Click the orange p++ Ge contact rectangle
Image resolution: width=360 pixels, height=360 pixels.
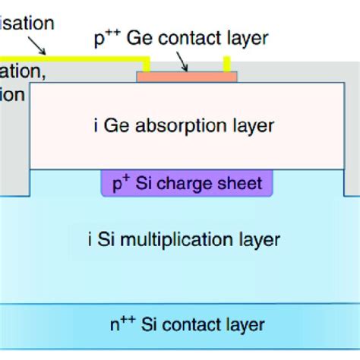[x=186, y=76]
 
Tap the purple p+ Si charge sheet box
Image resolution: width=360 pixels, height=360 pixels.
[x=186, y=183]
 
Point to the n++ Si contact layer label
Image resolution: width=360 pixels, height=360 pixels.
[x=186, y=325]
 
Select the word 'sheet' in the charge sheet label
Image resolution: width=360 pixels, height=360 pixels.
[x=242, y=183]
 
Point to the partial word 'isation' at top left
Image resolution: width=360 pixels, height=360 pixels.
[x=27, y=23]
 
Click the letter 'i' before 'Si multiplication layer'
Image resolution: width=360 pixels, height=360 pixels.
[x=91, y=240]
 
